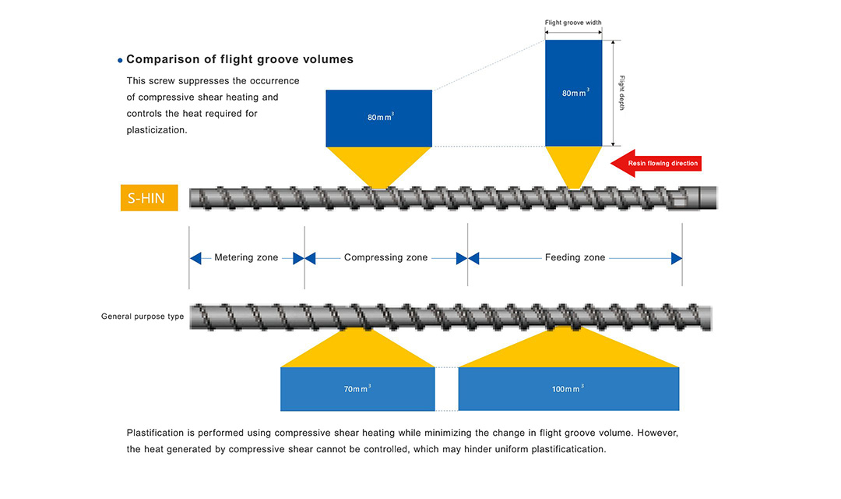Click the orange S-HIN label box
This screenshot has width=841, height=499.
click(149, 198)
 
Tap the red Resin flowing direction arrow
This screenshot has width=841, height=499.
click(656, 163)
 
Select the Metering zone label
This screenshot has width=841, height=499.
click(246, 258)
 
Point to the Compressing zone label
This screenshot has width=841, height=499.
click(385, 258)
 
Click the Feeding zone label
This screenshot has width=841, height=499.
click(575, 258)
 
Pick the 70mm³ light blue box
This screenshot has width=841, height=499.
click(357, 388)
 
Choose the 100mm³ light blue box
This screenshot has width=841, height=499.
click(568, 388)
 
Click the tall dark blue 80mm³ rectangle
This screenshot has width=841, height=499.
click(573, 93)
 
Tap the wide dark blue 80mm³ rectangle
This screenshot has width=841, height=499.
click(378, 118)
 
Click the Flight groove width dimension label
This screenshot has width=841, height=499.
click(573, 23)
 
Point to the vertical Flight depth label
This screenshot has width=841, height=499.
click(621, 93)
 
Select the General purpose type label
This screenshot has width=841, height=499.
click(143, 317)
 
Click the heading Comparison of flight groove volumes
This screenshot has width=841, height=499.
click(240, 59)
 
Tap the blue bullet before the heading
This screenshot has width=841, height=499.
click(120, 60)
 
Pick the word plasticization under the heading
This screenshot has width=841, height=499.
click(157, 130)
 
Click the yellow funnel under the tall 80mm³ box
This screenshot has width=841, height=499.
click(574, 165)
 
